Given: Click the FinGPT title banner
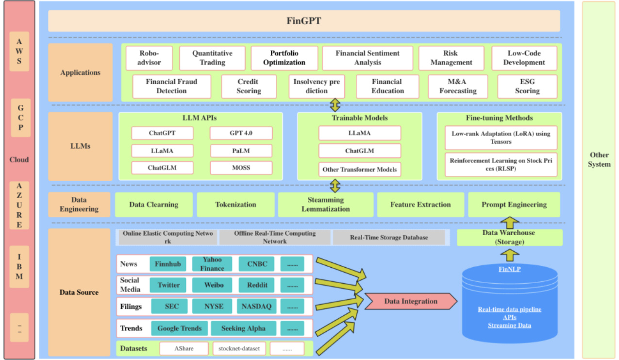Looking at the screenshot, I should (x=304, y=21).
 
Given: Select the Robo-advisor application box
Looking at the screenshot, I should (x=149, y=58).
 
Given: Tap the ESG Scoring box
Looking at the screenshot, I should (x=527, y=86).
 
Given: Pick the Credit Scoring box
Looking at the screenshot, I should (x=249, y=86).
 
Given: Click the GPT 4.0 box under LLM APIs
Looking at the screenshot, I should (x=241, y=133).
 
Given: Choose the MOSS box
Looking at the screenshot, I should (x=241, y=168).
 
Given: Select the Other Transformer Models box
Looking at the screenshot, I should (x=360, y=169).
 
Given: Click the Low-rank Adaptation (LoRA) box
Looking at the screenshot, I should (x=501, y=137).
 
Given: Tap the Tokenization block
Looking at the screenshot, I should (x=235, y=205).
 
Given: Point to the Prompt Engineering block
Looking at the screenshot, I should (x=514, y=205).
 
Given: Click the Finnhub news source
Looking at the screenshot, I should (x=167, y=264).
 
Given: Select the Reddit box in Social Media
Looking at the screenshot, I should (x=257, y=285).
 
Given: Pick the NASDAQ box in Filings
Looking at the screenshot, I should (x=257, y=307).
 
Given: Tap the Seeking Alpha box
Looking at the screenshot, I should (x=243, y=328).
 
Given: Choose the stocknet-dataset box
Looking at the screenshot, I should (x=239, y=348).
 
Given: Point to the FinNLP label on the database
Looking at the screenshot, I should (x=509, y=269).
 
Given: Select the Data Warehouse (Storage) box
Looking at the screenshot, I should (x=509, y=237).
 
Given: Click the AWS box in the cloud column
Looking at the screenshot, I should (x=19, y=51).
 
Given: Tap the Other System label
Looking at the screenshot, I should (x=599, y=159).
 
